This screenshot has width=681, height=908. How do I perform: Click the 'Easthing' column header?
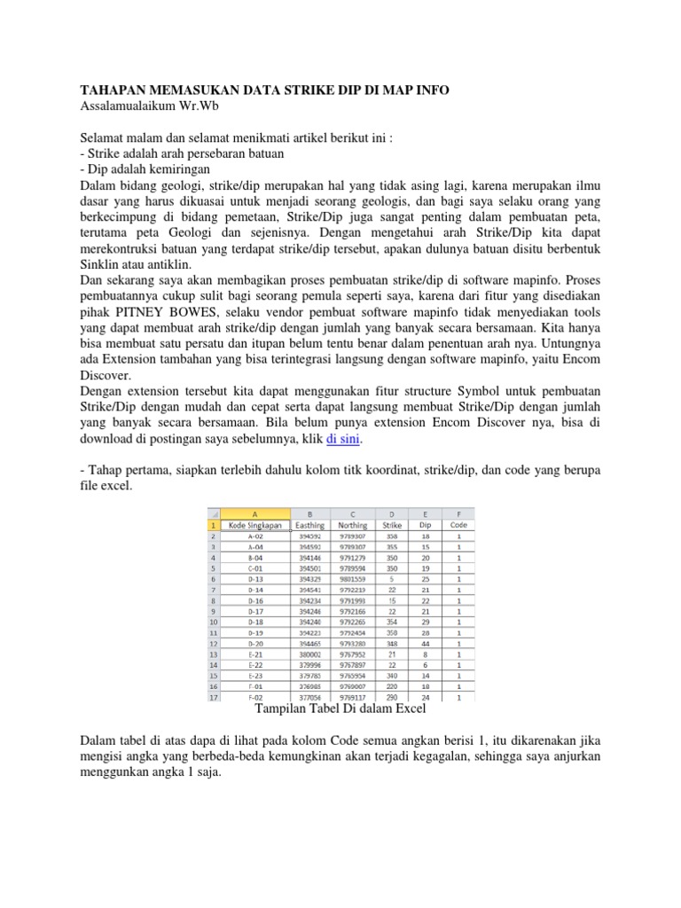coord(310,525)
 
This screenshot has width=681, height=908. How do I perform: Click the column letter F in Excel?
coord(458,513)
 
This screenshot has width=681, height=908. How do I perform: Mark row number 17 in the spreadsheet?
coord(213,698)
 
